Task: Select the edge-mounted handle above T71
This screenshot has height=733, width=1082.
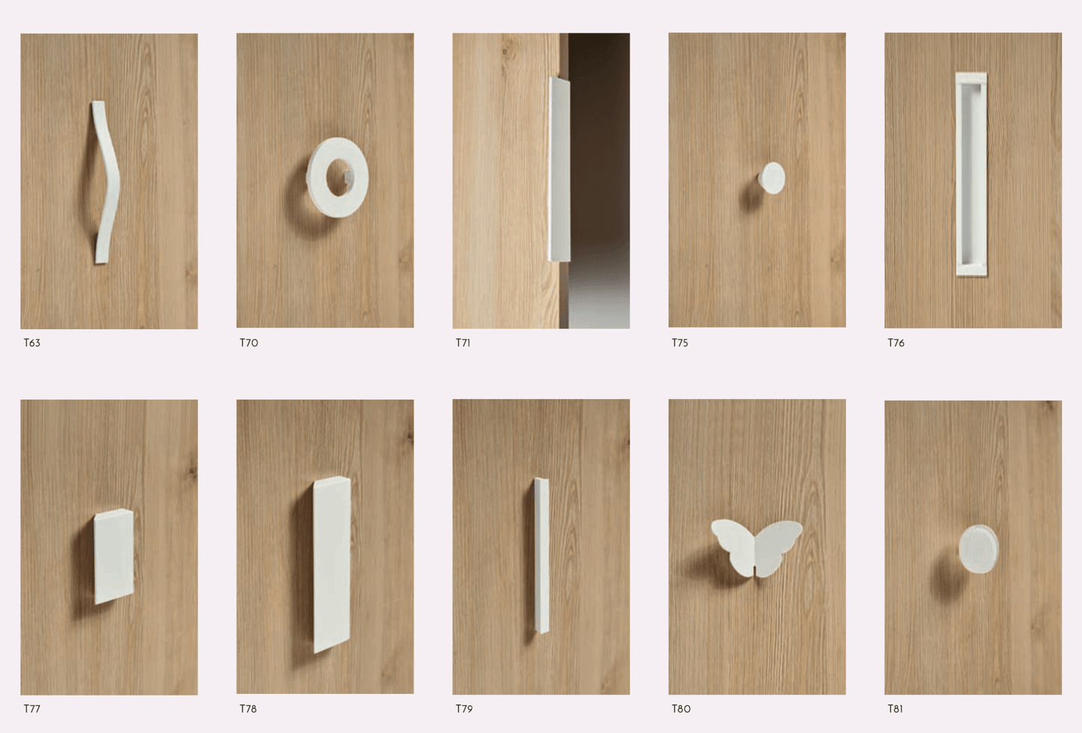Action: tap(559, 171)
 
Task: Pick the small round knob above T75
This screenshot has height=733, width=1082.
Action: tap(772, 178)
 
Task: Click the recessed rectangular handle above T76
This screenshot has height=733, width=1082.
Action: tap(971, 174)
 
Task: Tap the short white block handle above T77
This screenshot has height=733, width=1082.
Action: tap(114, 556)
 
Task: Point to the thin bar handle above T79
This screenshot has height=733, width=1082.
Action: tap(541, 555)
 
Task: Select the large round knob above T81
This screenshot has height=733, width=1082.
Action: tap(978, 549)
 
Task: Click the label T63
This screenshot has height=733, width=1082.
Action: tap(32, 343)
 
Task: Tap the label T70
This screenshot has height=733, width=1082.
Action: tap(249, 343)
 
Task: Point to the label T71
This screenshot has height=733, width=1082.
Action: tap(463, 343)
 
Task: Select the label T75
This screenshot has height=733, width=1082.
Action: tap(679, 343)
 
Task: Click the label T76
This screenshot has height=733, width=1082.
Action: tap(896, 343)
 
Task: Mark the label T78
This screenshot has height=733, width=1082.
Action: tap(248, 708)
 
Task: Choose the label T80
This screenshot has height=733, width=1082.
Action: tap(681, 708)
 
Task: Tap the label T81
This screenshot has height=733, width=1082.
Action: tap(895, 708)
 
